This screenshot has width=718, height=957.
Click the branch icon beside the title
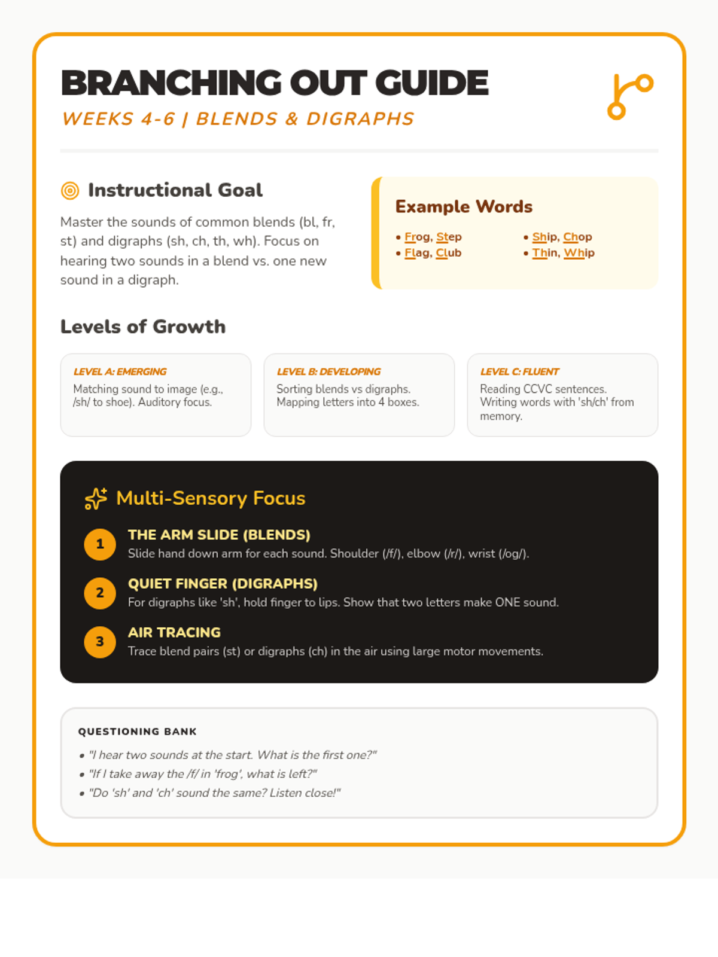tap(630, 96)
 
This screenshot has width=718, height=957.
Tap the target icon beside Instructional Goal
tap(70, 191)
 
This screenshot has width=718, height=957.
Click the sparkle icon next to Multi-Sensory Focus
tap(96, 498)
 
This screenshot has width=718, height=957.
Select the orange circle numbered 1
tap(100, 544)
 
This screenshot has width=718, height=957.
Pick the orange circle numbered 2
tap(100, 593)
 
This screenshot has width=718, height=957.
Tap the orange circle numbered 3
tap(100, 642)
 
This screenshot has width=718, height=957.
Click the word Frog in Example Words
tap(416, 237)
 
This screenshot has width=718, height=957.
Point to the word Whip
tap(579, 253)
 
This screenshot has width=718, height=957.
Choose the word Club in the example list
tap(448, 253)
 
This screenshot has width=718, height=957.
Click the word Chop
tap(577, 237)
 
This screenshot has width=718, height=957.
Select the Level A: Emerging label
tap(120, 371)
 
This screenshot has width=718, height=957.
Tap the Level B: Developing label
tap(328, 371)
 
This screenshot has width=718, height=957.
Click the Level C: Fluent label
tap(519, 371)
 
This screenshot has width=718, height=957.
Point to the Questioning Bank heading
tap(137, 732)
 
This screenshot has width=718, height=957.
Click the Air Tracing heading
tap(174, 632)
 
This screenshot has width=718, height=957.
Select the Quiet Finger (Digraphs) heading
tap(223, 584)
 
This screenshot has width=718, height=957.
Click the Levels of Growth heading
tap(143, 327)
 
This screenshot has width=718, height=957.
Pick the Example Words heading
tap(464, 207)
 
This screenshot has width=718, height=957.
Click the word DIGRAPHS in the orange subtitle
tap(360, 119)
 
